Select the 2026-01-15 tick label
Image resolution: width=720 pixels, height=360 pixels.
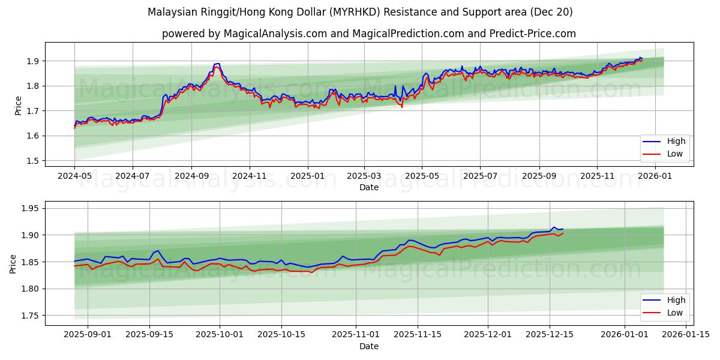[x=688, y=334]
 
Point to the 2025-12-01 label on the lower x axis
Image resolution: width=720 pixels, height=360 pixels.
[x=488, y=334]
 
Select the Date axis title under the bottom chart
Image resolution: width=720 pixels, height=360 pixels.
[x=369, y=346]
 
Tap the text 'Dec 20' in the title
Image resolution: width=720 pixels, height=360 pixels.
[x=551, y=12]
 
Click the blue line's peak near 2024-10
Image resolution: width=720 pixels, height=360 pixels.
[x=217, y=64]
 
